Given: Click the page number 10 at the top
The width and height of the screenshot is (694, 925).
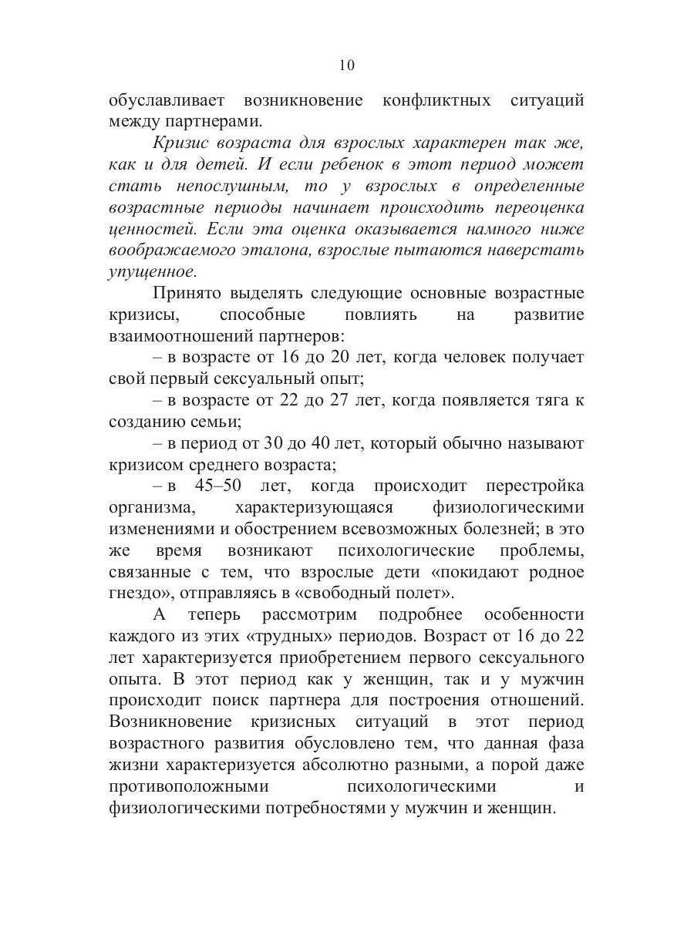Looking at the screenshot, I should pyautogui.click(x=346, y=66).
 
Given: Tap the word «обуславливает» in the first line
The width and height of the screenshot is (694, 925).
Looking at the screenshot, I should pyautogui.click(x=163, y=101).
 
